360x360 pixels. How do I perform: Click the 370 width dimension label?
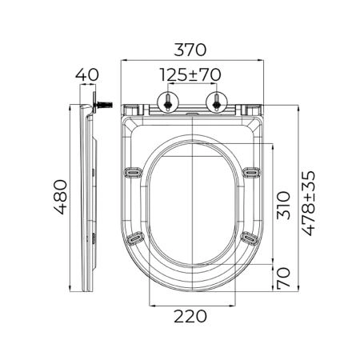tap(190, 50)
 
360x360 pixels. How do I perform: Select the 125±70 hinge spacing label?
tap(190, 75)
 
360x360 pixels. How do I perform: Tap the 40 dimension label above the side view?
tap(87, 75)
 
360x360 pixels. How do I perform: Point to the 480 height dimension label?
tap(61, 197)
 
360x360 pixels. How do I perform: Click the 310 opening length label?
tap(283, 205)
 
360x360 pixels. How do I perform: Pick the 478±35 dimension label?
tap(309, 203)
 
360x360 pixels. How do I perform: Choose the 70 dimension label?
tap(283, 278)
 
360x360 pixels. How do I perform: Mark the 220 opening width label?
tap(190, 317)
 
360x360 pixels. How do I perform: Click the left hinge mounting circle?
tap(168, 102)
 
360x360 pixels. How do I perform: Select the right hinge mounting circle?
tap(217, 102)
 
